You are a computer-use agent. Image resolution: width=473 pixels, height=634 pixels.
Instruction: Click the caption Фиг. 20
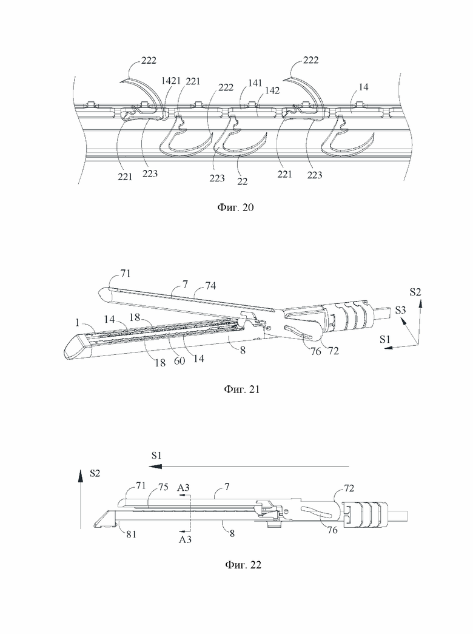236,208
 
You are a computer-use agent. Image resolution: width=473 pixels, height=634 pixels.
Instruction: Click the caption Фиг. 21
242,390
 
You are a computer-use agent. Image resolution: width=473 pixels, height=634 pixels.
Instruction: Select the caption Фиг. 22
243,565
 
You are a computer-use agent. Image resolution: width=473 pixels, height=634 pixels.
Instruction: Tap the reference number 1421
170,81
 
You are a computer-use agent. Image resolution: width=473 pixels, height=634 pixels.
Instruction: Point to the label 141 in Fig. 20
255,83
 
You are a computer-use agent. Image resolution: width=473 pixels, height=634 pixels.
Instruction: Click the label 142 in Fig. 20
272,90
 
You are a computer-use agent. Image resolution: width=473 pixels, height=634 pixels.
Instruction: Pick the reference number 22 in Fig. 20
242,181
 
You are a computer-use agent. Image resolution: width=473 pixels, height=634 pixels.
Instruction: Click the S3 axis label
400,310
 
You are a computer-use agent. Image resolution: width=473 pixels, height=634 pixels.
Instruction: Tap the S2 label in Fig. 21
415,292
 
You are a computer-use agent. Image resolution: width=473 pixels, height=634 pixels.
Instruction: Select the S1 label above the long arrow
156,455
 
